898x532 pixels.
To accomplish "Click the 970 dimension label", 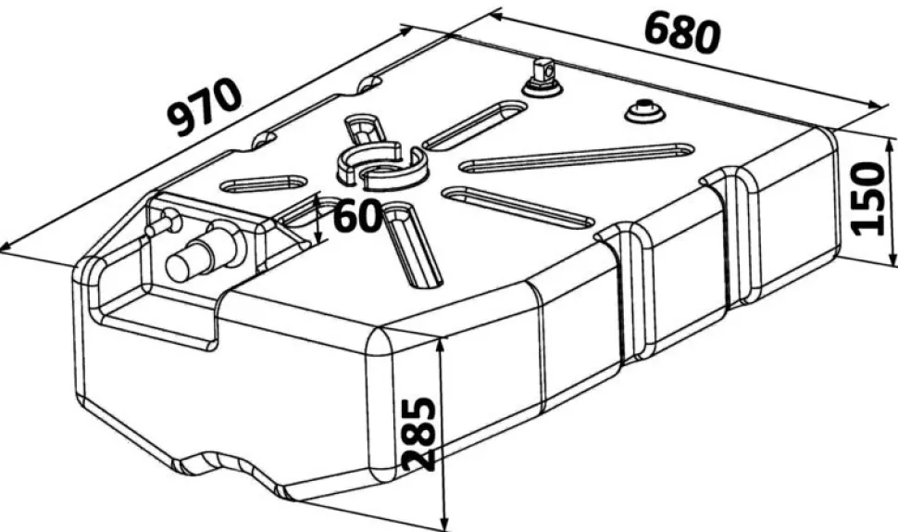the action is [x=204, y=108].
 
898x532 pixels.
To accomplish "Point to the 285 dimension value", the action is [x=418, y=434].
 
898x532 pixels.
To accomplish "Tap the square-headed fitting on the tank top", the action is [x=542, y=78].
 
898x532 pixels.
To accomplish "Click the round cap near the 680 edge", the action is [x=644, y=111].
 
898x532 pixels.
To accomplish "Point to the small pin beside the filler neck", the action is [x=162, y=223].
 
